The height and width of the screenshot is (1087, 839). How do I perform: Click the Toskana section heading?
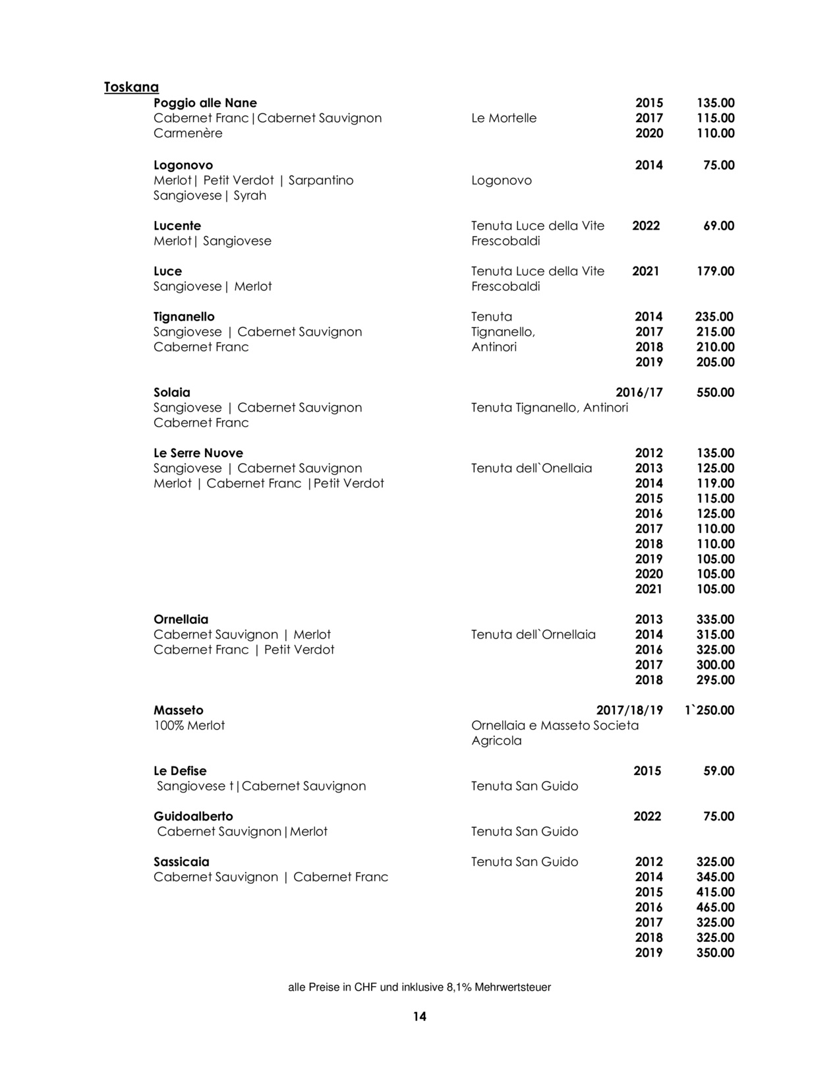point(131,87)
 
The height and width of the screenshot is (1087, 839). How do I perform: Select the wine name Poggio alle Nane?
point(205,103)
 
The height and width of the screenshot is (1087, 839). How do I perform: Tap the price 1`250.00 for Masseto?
point(709,710)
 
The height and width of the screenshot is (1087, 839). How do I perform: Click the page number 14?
point(419,1016)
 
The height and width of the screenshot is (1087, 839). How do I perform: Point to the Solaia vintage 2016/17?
point(639,392)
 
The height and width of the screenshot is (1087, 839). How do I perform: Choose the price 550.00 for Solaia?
point(715,392)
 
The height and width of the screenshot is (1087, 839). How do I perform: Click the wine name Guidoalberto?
point(193,817)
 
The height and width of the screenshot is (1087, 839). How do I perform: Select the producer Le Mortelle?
point(504,118)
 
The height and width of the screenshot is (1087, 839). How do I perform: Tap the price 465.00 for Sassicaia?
point(715,908)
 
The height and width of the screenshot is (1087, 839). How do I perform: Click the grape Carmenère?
point(188,133)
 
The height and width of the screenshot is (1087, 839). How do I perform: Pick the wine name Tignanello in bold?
point(184,317)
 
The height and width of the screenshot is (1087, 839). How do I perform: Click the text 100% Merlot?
point(189,726)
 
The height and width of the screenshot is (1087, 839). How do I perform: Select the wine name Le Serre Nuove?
point(198,453)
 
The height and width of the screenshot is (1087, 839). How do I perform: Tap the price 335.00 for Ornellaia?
point(715,619)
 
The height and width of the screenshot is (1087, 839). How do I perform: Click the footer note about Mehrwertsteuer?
point(419,987)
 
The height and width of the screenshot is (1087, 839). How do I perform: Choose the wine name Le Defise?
point(180,771)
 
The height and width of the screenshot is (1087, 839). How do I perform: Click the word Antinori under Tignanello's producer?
point(494,347)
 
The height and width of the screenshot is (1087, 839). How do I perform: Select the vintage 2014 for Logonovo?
point(649,165)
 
